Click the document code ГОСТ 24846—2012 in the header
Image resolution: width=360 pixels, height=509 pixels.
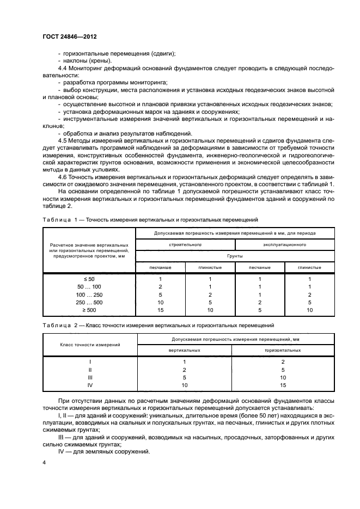[x=73, y=38]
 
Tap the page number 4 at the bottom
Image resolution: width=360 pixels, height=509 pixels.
[x=44, y=462]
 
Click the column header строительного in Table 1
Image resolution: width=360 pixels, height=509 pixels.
[x=185, y=244]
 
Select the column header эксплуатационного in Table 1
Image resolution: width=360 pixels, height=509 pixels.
[x=284, y=244]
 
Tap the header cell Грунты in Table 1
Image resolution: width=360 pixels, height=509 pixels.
[x=235, y=255]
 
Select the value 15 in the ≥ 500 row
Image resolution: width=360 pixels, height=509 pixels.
[x=161, y=309]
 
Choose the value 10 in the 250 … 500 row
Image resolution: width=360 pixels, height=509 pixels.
[x=161, y=302]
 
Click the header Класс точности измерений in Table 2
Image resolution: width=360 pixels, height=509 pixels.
[x=90, y=345]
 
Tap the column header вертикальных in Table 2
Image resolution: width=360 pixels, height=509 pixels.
[x=185, y=351]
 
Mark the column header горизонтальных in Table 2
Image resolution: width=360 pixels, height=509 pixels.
[x=283, y=351]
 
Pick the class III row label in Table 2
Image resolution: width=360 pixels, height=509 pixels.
[x=90, y=377]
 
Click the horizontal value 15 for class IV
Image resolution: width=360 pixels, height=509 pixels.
[x=283, y=384]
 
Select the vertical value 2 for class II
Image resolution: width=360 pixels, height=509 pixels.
[x=185, y=369]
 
